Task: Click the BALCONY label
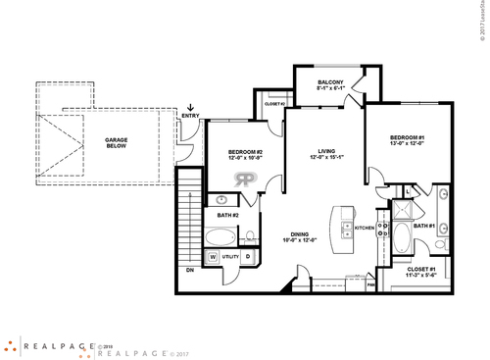[x=327, y=81]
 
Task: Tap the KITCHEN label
[x=365, y=227]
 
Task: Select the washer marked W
[x=212, y=258]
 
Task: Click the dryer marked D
[x=248, y=258]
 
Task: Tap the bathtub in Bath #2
[x=221, y=236]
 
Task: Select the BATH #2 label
[x=227, y=214]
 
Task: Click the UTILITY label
[x=230, y=258]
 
